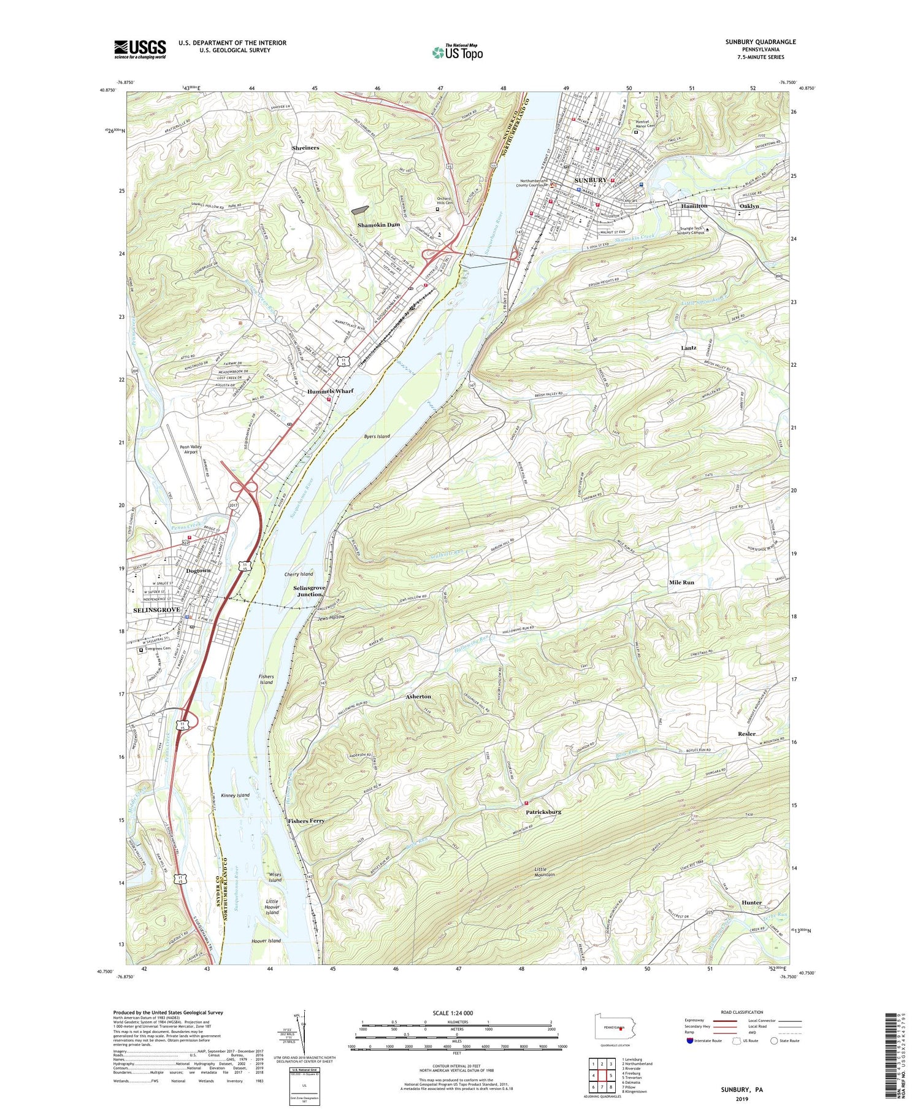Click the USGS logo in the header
(140, 49)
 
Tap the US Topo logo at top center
(458, 52)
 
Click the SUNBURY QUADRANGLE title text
(760, 42)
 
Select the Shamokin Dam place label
(378, 225)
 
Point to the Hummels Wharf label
(330, 391)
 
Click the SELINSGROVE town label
(157, 610)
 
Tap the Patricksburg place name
(543, 812)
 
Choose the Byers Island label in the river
(376, 436)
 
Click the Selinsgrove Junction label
(310, 591)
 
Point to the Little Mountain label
(544, 872)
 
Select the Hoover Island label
(266, 940)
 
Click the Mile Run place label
(681, 582)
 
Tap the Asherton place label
(418, 697)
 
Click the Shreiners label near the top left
(305, 148)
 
